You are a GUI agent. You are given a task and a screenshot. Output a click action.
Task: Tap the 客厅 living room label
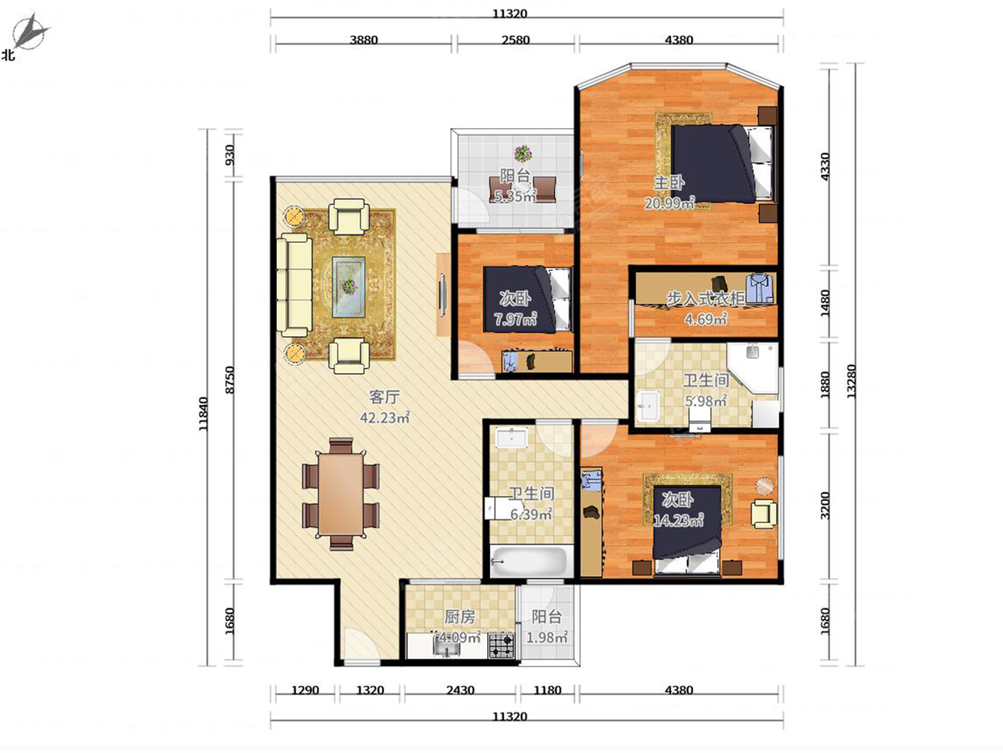[x=384, y=397]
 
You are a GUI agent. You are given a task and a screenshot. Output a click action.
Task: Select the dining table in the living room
[x=341, y=494]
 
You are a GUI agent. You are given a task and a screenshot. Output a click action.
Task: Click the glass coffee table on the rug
[x=349, y=287]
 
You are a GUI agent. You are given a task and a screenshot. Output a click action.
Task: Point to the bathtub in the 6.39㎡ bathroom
[x=531, y=561]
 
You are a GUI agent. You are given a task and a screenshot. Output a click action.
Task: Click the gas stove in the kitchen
[x=501, y=644]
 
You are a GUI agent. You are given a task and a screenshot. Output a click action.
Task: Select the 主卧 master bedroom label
[x=669, y=183]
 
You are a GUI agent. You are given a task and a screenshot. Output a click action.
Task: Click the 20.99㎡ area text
[x=670, y=202]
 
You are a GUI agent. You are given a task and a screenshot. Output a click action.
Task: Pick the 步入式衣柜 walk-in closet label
[x=705, y=299]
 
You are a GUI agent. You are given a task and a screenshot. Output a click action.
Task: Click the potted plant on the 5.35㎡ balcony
[x=522, y=153]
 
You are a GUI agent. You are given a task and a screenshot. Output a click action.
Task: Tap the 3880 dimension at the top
[x=364, y=40]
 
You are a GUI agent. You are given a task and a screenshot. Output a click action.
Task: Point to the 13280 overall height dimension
[x=851, y=382]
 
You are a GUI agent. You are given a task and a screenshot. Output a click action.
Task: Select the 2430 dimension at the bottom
[x=461, y=689]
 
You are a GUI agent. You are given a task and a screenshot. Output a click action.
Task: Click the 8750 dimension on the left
[x=230, y=380]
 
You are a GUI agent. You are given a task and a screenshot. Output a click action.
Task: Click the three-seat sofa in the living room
[x=295, y=285]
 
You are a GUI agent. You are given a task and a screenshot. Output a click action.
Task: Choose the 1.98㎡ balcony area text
[x=547, y=637]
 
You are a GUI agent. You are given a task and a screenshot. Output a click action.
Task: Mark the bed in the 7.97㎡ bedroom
[x=527, y=299]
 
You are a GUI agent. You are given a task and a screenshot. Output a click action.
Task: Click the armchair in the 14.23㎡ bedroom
[x=764, y=514]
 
